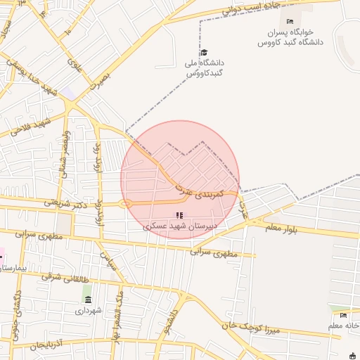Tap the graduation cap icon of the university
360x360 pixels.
pos(204,53)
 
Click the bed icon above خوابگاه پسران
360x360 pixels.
pos(290,21)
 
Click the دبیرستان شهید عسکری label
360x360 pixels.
pos(180,226)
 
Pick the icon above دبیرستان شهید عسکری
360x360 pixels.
pos(180,214)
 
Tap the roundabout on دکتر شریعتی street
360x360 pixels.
pos(126,204)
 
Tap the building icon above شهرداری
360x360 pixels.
pos(87,300)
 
